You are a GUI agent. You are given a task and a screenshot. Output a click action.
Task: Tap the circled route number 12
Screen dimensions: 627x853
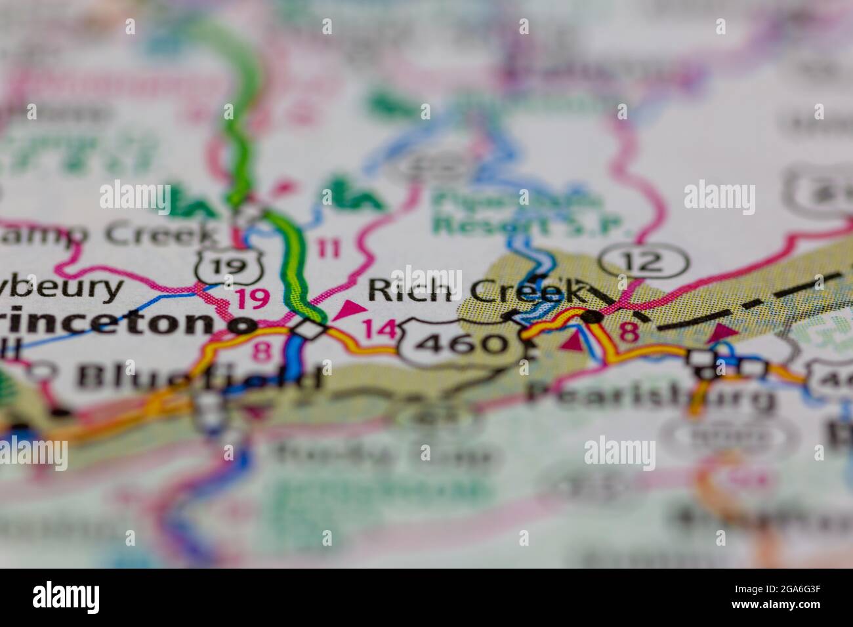pyautogui.click(x=646, y=262)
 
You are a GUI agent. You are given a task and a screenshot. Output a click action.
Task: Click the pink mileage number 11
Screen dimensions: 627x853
pyautogui.click(x=328, y=249)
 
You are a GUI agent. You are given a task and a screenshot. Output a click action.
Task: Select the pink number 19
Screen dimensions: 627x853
pyautogui.click(x=253, y=298)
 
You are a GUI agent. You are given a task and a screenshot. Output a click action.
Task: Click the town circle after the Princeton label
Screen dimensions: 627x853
pyautogui.click(x=245, y=325)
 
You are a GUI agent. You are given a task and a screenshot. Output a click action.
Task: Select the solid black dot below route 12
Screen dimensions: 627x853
pyautogui.click(x=593, y=317)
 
